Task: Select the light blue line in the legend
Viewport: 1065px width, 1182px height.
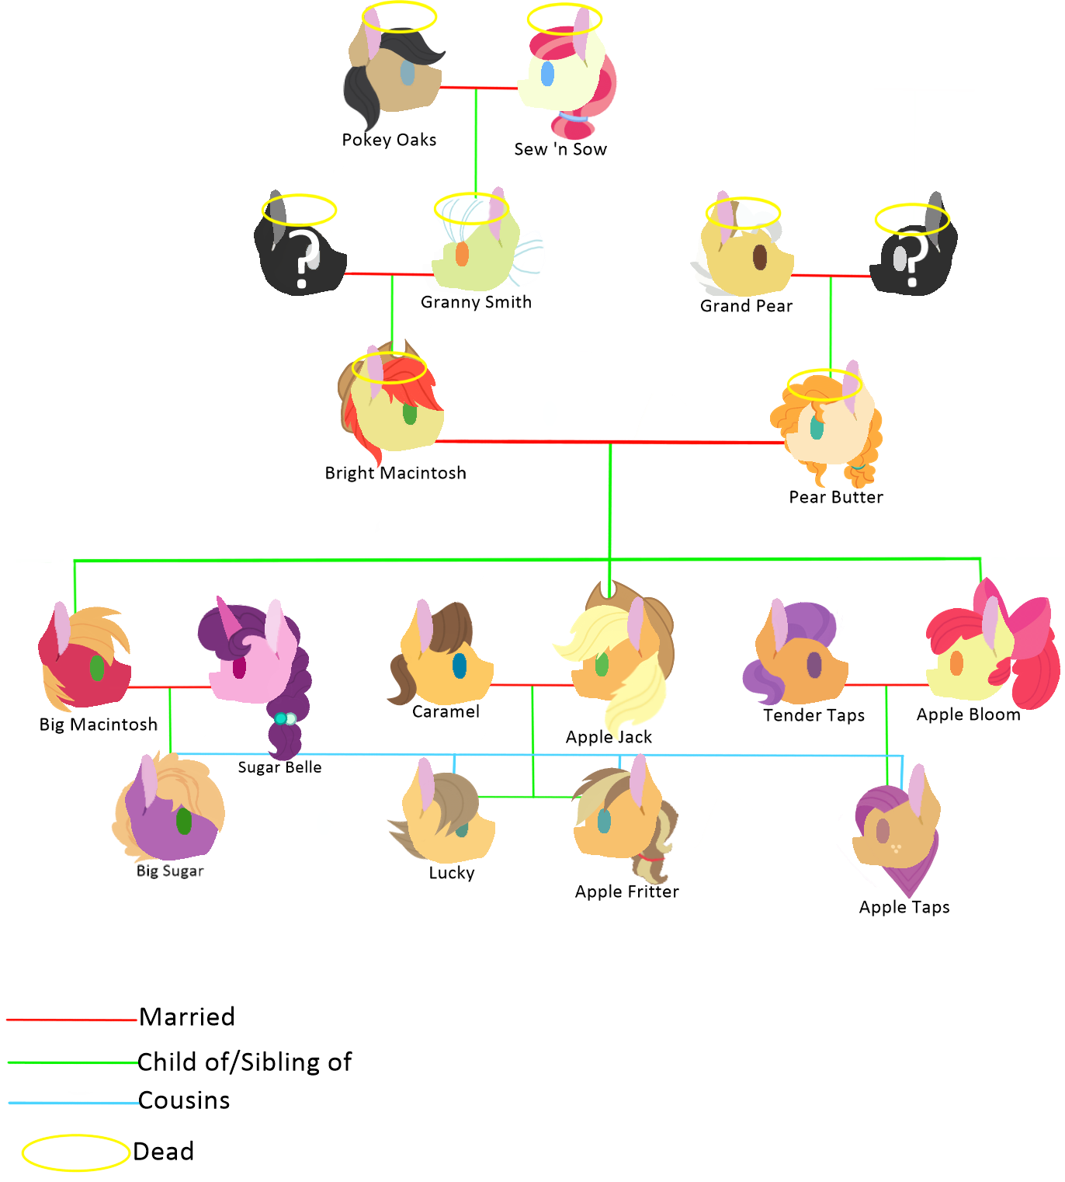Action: click(74, 1103)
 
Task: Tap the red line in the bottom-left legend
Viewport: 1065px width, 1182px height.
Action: click(71, 1020)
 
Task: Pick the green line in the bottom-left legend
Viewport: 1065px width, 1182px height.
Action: click(73, 1062)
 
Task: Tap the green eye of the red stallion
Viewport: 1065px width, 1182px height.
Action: click(97, 667)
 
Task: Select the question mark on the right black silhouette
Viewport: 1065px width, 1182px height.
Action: click(914, 259)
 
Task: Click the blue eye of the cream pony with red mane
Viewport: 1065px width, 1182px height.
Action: click(547, 74)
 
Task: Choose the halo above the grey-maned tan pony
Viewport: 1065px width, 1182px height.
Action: click(399, 16)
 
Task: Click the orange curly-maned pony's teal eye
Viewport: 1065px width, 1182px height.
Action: click(817, 427)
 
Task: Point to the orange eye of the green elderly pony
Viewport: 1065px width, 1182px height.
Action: click(462, 253)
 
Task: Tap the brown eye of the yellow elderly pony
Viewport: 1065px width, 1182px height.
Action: click(760, 257)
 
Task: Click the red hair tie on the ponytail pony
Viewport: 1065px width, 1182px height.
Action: click(652, 858)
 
